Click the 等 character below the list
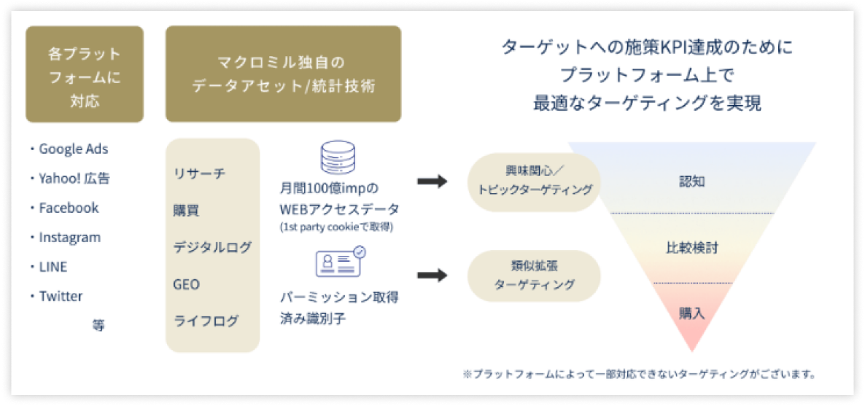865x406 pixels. pyautogui.click(x=98, y=326)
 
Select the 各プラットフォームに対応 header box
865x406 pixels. pyautogui.click(x=85, y=74)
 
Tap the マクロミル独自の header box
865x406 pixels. pyautogui.click(x=283, y=74)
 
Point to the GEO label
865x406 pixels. pyautogui.click(x=187, y=284)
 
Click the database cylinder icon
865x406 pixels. pyautogui.click(x=336, y=158)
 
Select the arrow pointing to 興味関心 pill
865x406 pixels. pyautogui.click(x=432, y=181)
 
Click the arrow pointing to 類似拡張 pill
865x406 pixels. pyautogui.click(x=432, y=276)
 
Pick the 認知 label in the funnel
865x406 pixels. pyautogui.click(x=691, y=182)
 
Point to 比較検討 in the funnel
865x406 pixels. pyautogui.click(x=691, y=249)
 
